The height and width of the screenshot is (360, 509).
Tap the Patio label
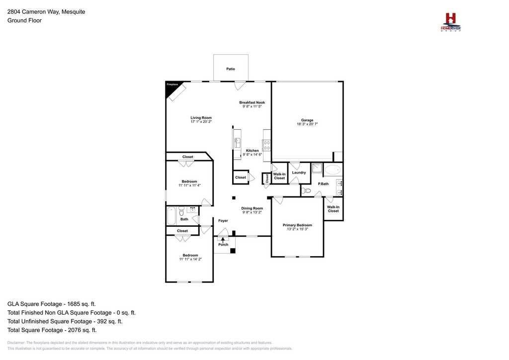(231, 69)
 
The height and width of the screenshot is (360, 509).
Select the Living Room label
(201, 118)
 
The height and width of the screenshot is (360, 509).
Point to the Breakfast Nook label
(252, 102)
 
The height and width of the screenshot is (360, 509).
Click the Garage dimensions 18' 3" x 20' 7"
(307, 124)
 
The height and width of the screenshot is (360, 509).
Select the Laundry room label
(299, 173)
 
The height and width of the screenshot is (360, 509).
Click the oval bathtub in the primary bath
(333, 170)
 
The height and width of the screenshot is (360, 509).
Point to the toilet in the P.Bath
(306, 190)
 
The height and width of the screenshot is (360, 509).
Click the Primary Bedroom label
(297, 225)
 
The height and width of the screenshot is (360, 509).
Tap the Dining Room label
(252, 208)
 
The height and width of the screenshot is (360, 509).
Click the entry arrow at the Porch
(223, 240)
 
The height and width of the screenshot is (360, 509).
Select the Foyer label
(223, 221)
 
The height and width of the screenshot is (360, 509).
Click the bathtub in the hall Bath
(171, 216)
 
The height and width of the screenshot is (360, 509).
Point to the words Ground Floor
(24, 20)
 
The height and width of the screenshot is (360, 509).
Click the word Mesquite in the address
(73, 12)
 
